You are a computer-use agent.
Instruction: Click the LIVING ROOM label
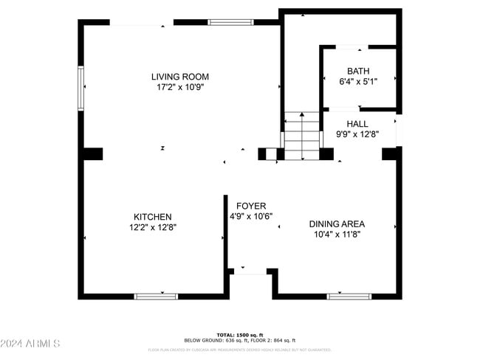point(179,77)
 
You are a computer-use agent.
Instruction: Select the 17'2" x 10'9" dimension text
point(179,87)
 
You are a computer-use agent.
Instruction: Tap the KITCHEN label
point(153,217)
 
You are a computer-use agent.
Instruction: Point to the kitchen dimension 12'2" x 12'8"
point(153,227)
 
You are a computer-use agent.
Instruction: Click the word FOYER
point(251,206)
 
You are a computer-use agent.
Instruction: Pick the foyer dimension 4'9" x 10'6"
point(251,216)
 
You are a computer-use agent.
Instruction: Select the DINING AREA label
point(337,224)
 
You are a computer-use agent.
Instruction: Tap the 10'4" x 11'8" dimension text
point(337,235)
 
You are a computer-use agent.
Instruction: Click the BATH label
point(358,72)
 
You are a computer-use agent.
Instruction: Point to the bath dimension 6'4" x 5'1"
point(358,82)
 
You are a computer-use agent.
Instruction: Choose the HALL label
point(357,124)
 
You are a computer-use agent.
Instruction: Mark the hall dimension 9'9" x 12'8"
point(357,134)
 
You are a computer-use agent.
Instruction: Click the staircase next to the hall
point(302,135)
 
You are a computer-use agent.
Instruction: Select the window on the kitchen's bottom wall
point(156,296)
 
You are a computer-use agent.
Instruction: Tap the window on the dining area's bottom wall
point(349,296)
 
